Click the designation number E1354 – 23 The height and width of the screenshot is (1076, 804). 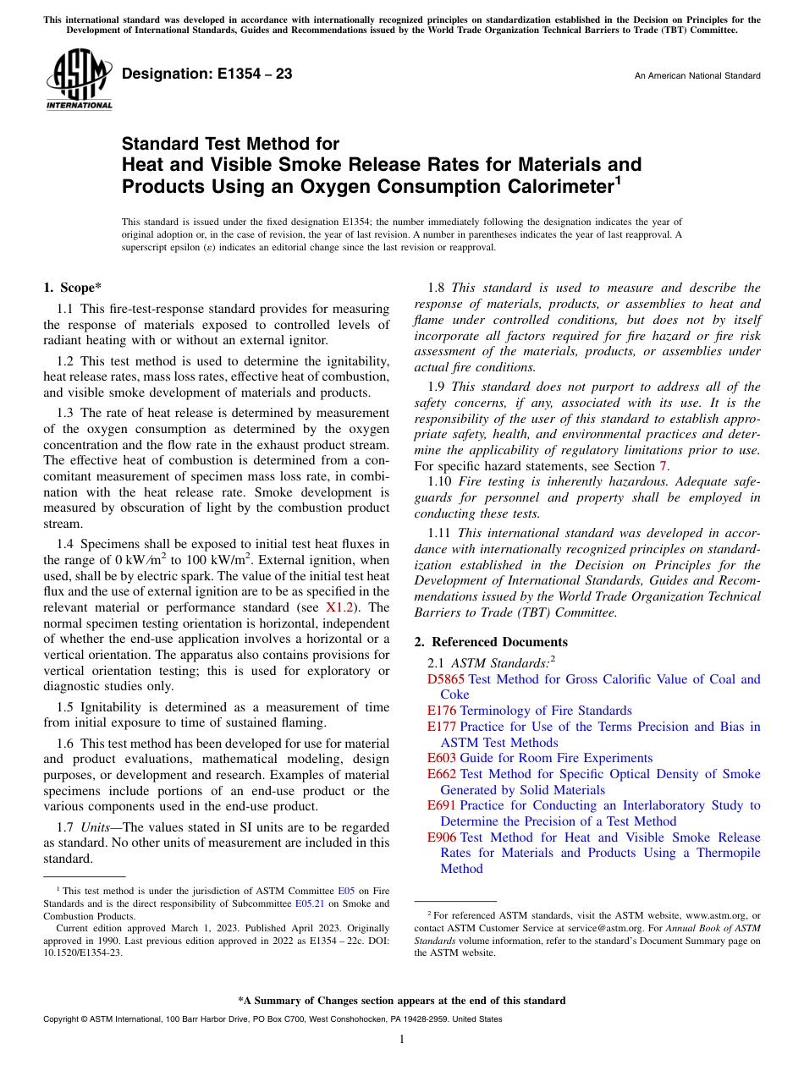tap(207, 74)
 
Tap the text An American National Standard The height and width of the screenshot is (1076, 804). tap(697, 76)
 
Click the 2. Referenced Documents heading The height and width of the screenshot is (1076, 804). tap(491, 642)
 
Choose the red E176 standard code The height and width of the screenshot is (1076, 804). tap(442, 711)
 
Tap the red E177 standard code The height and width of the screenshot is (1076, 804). tap(442, 727)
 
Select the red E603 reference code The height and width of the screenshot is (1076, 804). tap(442, 758)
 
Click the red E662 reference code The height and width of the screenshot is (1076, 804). tap(442, 774)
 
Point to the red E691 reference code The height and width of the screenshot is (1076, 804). tap(442, 805)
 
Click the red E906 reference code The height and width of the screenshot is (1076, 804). tap(442, 837)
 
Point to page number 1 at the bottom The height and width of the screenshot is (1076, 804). tap(402, 1040)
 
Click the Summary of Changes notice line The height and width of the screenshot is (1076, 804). tap(402, 1001)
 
